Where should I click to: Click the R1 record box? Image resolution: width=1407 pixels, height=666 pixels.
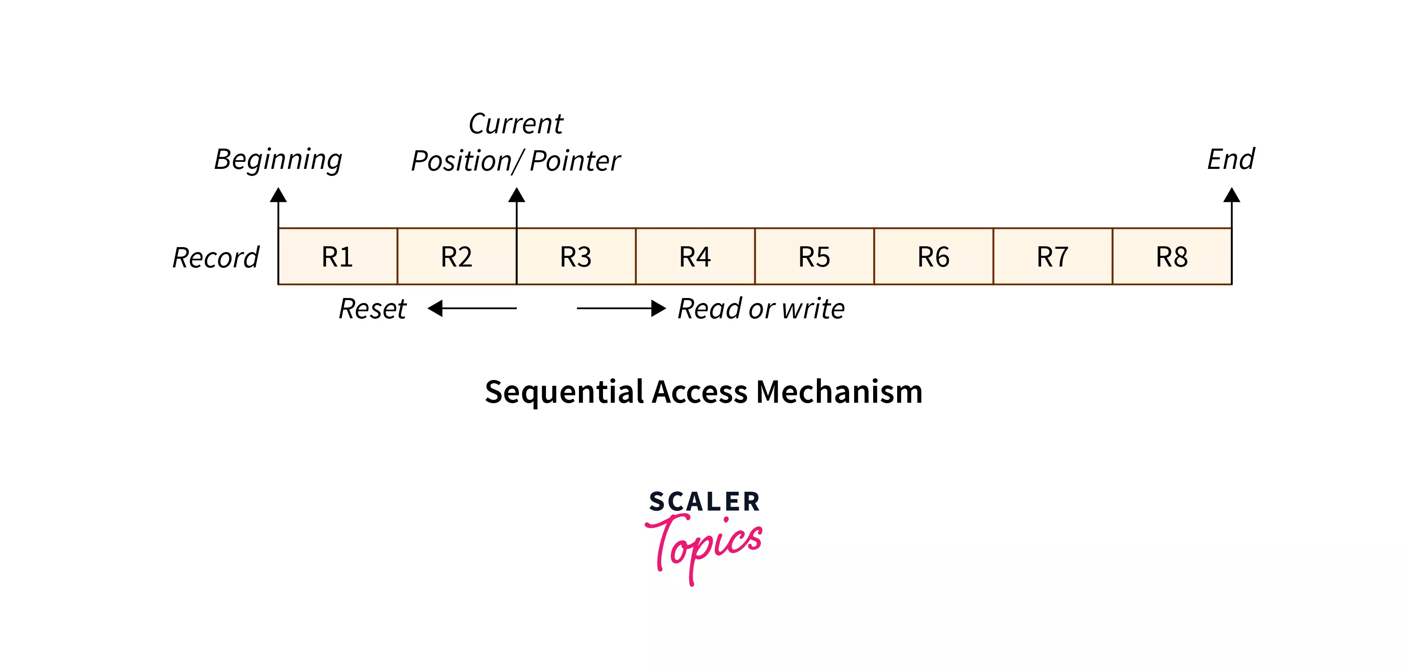(338, 256)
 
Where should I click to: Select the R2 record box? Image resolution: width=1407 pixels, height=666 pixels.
(456, 256)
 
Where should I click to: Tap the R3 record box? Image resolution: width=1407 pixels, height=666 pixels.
(576, 256)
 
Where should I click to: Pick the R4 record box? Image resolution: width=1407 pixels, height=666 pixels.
(695, 256)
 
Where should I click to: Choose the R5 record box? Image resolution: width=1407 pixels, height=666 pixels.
(814, 256)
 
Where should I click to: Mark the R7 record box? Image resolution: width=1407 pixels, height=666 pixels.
(1052, 256)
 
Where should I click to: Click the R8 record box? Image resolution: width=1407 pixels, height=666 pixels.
(1172, 256)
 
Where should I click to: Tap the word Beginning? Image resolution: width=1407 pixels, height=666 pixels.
(278, 159)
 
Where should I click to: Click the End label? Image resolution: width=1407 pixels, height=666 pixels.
(1231, 159)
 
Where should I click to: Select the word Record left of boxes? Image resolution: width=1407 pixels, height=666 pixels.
(215, 257)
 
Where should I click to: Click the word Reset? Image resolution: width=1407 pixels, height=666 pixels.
(372, 309)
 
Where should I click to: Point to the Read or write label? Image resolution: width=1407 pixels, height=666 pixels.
(761, 309)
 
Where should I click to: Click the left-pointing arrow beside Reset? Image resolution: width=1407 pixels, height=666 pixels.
(471, 309)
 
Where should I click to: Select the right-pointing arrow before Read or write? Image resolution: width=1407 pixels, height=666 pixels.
(621, 309)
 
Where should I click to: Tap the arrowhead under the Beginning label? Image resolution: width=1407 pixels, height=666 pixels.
(278, 195)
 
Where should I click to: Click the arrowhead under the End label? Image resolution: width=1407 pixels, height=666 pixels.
(1231, 195)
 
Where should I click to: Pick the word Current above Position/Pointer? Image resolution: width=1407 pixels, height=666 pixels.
(516, 123)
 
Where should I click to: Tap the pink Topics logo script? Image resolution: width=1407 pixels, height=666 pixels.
(705, 546)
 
